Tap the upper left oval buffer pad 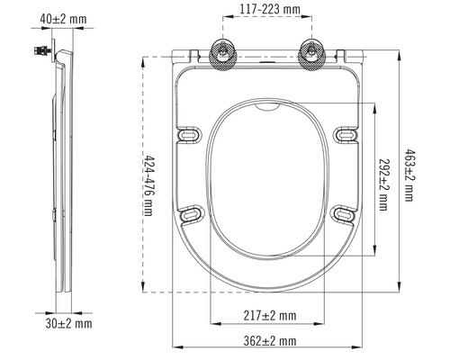[190, 135]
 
